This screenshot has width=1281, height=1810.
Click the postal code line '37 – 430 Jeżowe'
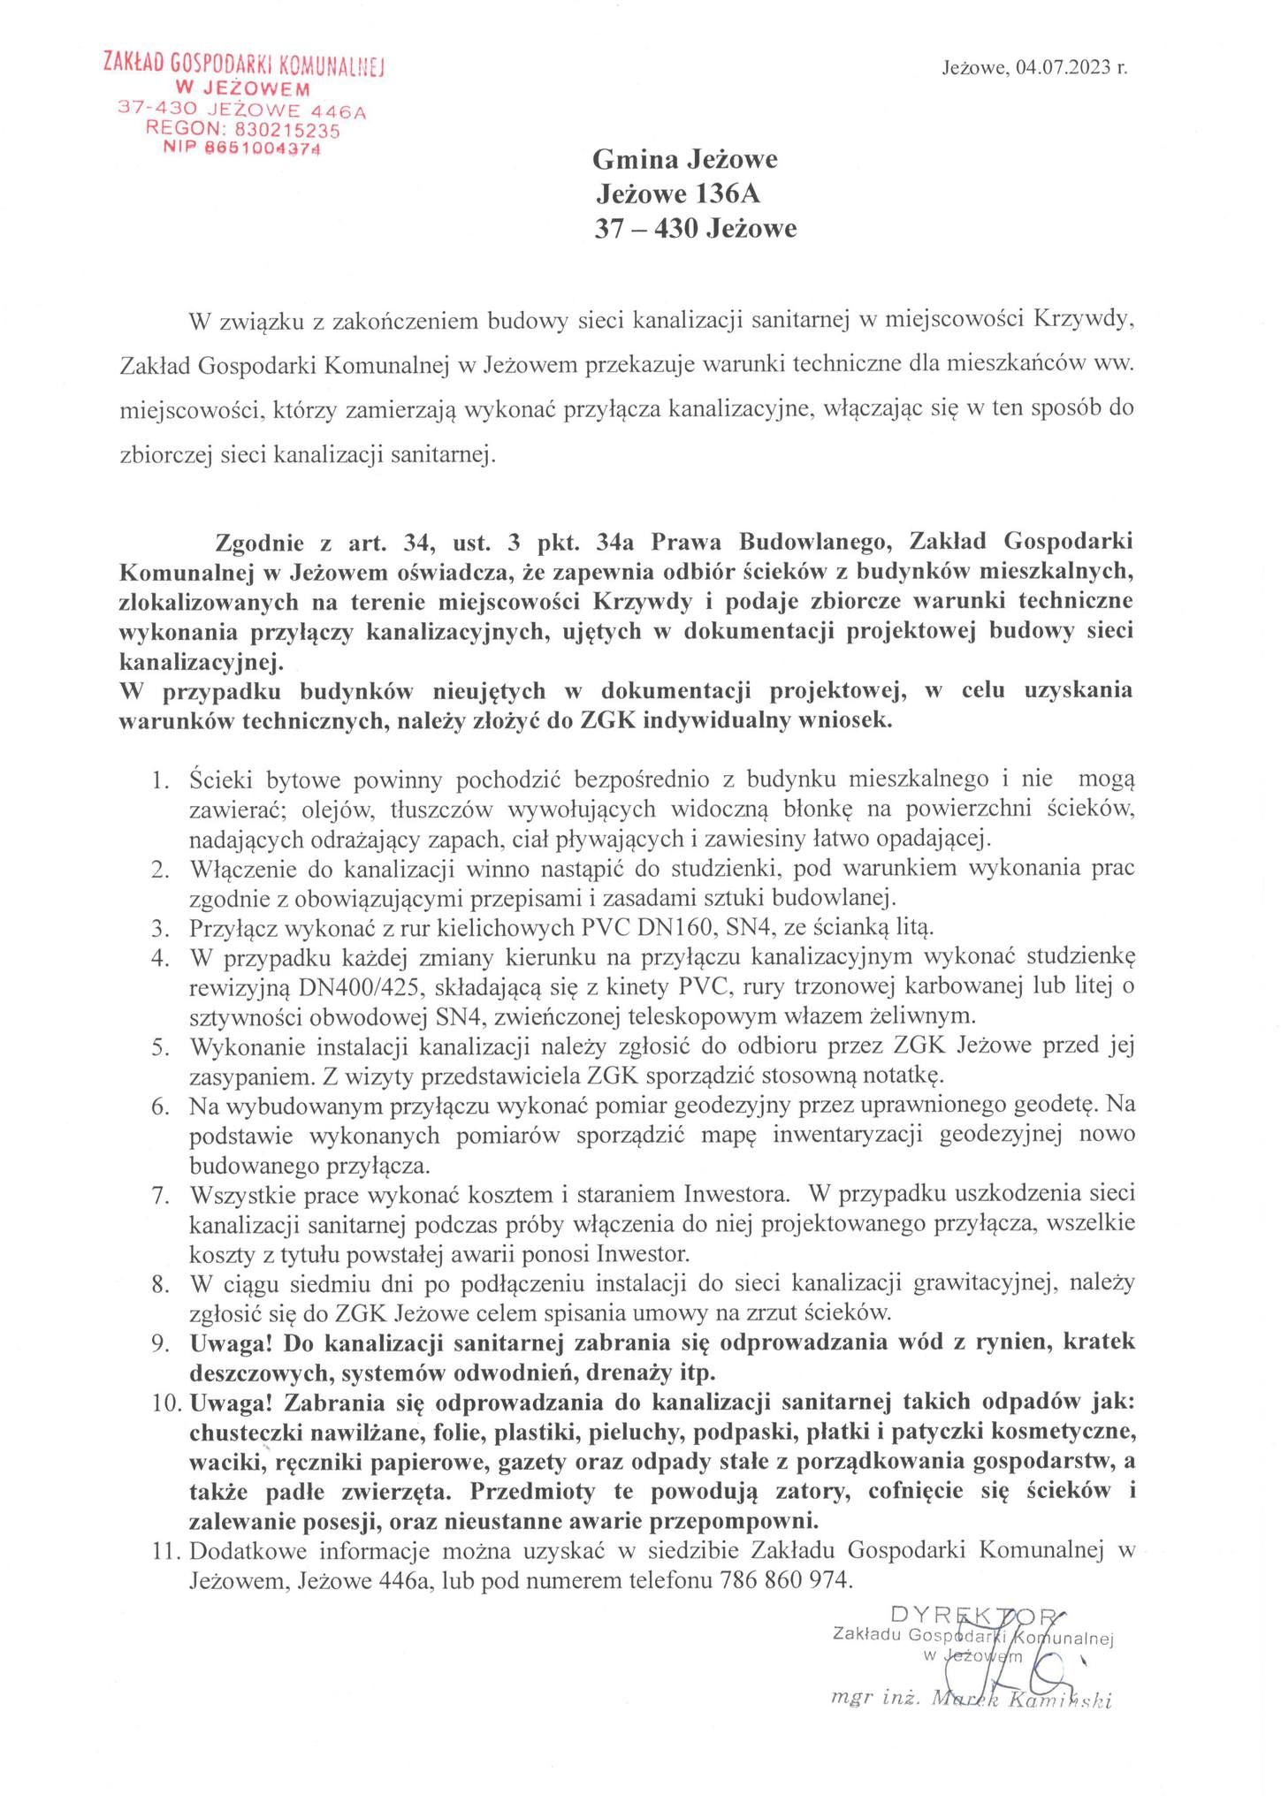(x=694, y=230)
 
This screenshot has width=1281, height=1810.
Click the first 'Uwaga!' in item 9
(x=232, y=1343)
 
